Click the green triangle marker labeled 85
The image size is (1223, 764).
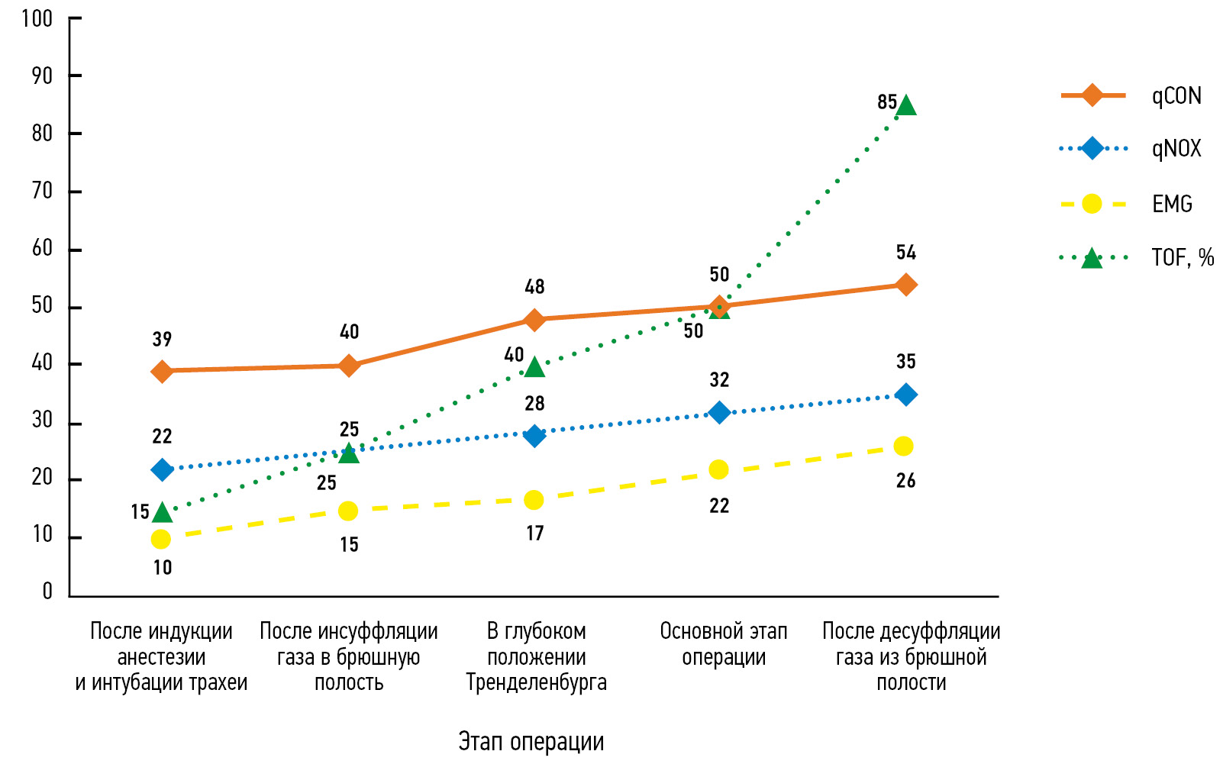tap(906, 105)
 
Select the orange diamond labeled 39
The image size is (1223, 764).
tap(162, 372)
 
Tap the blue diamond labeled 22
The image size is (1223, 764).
tap(162, 469)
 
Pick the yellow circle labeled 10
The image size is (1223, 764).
tap(161, 540)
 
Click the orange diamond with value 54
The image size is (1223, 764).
tap(906, 285)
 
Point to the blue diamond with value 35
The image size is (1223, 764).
tap(906, 395)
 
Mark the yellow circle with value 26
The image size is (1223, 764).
tap(904, 446)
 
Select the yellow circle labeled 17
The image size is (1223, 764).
tap(534, 501)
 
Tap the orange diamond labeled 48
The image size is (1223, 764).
tap(534, 319)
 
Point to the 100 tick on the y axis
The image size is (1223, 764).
tap(37, 18)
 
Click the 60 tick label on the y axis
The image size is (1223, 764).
tap(42, 248)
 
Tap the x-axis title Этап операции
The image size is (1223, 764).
tap(531, 741)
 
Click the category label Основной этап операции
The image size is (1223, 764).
tap(723, 644)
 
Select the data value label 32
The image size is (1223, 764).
tap(719, 379)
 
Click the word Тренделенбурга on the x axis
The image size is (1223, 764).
tap(536, 682)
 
